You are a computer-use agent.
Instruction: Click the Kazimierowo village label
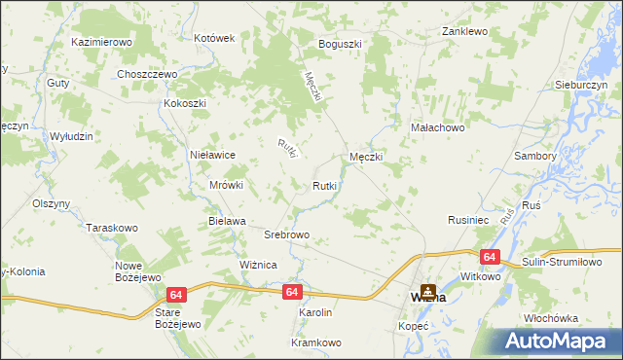click(x=101, y=43)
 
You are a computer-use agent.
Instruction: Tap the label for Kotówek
click(x=215, y=38)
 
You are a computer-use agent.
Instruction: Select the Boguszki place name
click(x=340, y=44)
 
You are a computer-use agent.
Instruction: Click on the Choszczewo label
click(x=145, y=74)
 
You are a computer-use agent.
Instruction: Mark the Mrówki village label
click(x=226, y=185)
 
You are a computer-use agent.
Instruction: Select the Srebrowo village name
click(x=287, y=235)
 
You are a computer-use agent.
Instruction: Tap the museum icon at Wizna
click(x=428, y=290)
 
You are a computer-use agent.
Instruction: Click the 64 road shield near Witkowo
click(x=490, y=257)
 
